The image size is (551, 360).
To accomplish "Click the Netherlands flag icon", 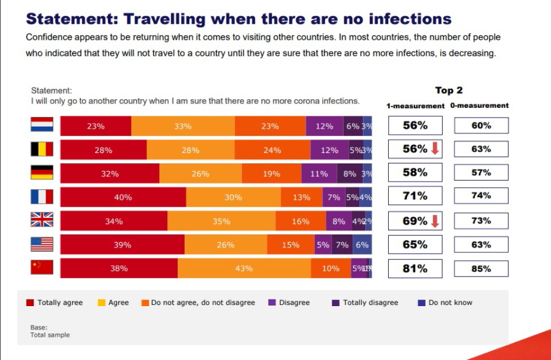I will pyautogui.click(x=42, y=126).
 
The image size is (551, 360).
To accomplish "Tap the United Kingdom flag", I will pyautogui.click(x=42, y=220).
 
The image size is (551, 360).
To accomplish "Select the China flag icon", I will pyautogui.click(x=42, y=268).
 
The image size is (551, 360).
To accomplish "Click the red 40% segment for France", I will pyautogui.click(x=123, y=197).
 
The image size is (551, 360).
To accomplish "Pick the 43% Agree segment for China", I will pyautogui.click(x=244, y=268).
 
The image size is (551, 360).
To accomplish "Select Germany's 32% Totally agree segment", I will pyautogui.click(x=110, y=173).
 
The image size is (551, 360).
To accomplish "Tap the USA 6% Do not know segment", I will pyautogui.click(x=362, y=245).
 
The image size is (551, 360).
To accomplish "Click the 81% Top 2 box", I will pyautogui.click(x=415, y=268).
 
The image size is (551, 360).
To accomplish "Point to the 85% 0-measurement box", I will pyautogui.click(x=481, y=268).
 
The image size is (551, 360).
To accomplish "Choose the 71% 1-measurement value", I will pyautogui.click(x=415, y=197).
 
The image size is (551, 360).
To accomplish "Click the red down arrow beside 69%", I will pyautogui.click(x=435, y=221).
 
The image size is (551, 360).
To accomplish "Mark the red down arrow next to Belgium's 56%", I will pyautogui.click(x=435, y=149).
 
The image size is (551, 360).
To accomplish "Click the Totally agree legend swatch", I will pyautogui.click(x=29, y=302).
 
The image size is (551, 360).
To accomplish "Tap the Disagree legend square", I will pyautogui.click(x=272, y=302).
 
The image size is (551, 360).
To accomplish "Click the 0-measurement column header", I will pyautogui.click(x=479, y=105).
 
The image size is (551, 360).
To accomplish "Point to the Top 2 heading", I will pyautogui.click(x=449, y=91).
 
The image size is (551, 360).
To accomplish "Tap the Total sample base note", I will pyautogui.click(x=50, y=335).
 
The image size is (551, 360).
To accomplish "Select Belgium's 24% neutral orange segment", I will pyautogui.click(x=272, y=149).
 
